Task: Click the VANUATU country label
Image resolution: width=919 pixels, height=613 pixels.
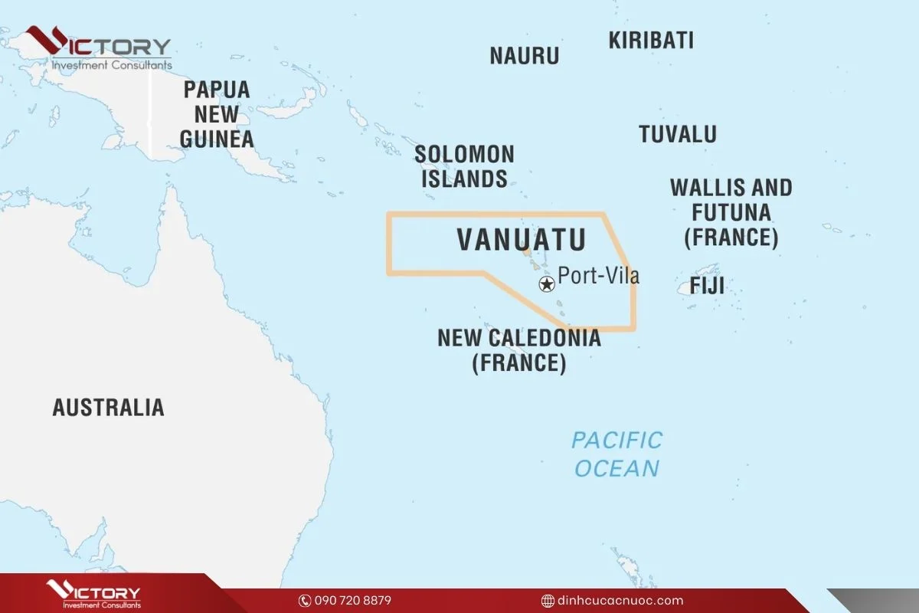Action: click(x=522, y=240)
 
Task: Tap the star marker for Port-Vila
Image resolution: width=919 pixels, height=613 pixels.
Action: click(x=547, y=285)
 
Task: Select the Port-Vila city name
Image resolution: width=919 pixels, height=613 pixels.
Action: click(x=598, y=275)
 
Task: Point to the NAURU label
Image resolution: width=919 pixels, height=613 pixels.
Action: click(x=525, y=56)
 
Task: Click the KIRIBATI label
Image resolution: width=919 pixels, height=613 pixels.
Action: click(x=651, y=41)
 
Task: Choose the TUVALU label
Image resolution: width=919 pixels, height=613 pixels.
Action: click(x=678, y=134)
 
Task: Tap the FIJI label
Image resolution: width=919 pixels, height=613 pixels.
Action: click(x=707, y=287)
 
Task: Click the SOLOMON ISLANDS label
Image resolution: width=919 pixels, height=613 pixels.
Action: click(x=464, y=166)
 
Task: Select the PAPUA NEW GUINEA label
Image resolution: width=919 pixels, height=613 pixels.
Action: click(x=217, y=114)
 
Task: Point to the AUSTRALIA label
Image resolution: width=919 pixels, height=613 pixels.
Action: click(x=108, y=407)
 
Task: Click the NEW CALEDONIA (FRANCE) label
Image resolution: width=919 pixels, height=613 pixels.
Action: click(x=519, y=349)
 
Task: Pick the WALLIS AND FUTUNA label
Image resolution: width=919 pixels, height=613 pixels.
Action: click(x=731, y=212)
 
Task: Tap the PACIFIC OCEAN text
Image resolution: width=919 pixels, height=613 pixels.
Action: click(x=616, y=454)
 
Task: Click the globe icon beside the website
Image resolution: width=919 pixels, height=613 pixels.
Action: click(x=548, y=601)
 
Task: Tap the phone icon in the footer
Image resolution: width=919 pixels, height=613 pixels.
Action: click(x=304, y=601)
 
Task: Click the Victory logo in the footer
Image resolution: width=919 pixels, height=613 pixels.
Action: click(x=93, y=594)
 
